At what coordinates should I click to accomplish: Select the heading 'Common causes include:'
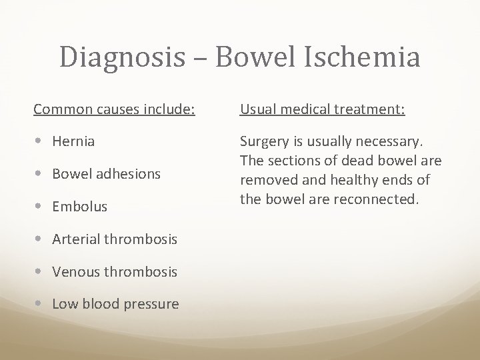pyautogui.click(x=114, y=108)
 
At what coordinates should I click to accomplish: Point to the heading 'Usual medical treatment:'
pyautogui.click(x=322, y=108)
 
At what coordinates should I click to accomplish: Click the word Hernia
pyautogui.click(x=73, y=141)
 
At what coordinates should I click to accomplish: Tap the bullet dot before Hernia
pyautogui.click(x=43, y=141)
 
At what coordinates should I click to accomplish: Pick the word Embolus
pyautogui.click(x=79, y=207)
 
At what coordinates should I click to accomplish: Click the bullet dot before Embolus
pyautogui.click(x=43, y=207)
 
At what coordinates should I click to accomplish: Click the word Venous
pyautogui.click(x=77, y=271)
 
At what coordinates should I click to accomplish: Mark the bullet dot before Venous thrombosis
pyautogui.click(x=43, y=271)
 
